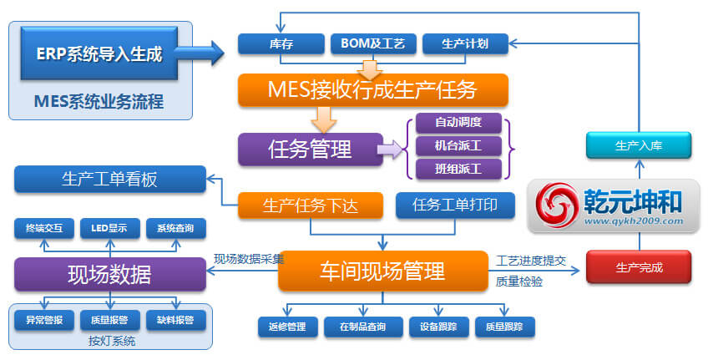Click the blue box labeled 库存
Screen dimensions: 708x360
[x=281, y=43]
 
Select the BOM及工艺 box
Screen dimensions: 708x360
[x=373, y=43]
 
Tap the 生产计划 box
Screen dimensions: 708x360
[x=465, y=43]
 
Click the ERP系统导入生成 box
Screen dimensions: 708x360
[x=99, y=53]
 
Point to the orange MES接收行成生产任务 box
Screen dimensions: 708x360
[x=373, y=90]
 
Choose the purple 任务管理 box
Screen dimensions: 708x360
[x=311, y=149]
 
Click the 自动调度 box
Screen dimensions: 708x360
[x=458, y=123]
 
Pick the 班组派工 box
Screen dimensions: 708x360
[x=458, y=169]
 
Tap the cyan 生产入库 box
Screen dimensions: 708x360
[x=639, y=145]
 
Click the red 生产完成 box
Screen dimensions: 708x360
[x=639, y=267]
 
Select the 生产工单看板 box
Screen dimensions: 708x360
[x=109, y=180]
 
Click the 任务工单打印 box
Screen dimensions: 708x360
[x=455, y=205]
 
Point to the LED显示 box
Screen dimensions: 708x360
[x=109, y=229]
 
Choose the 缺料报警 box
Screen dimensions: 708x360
[x=175, y=320]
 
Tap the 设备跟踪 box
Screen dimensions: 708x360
[x=438, y=327]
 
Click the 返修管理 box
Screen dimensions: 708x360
[x=287, y=327]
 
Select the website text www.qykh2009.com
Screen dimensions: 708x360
[x=634, y=221]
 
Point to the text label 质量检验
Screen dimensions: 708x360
[x=518, y=281]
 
